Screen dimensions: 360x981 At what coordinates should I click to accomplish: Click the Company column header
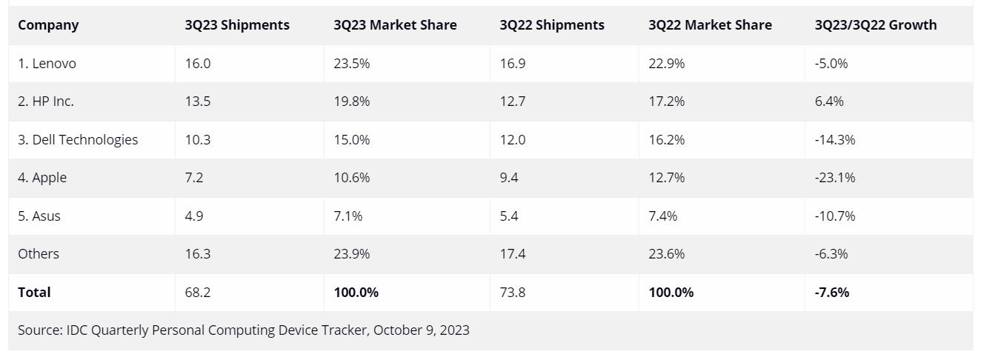pyautogui.click(x=48, y=25)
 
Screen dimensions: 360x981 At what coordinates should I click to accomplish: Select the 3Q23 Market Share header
pyautogui.click(x=395, y=25)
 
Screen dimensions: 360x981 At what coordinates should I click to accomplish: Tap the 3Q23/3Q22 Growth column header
pyautogui.click(x=875, y=25)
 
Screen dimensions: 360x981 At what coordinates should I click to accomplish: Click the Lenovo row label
pyautogui.click(x=47, y=64)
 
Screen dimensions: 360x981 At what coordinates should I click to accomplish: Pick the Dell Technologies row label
pyautogui.click(x=78, y=139)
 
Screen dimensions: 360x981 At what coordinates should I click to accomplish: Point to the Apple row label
pyautogui.click(x=42, y=178)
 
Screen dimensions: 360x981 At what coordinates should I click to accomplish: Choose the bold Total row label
pyautogui.click(x=34, y=292)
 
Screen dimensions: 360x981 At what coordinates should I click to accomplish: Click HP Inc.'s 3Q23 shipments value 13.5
pyautogui.click(x=198, y=101)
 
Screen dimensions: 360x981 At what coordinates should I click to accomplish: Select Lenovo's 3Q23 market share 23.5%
pyautogui.click(x=351, y=64)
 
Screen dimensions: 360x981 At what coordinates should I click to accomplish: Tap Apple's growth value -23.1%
pyautogui.click(x=835, y=178)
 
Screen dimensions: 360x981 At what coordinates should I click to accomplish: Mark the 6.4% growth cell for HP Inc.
pyautogui.click(x=829, y=101)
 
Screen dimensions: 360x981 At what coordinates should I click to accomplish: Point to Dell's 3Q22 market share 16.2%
pyautogui.click(x=666, y=139)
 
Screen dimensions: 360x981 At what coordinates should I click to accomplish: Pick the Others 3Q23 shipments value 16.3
pyautogui.click(x=198, y=254)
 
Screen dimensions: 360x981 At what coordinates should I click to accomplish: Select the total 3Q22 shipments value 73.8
pyautogui.click(x=513, y=292)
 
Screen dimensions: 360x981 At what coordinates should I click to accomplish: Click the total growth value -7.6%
pyautogui.click(x=831, y=292)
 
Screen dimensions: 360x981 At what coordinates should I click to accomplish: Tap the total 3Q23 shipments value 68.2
pyautogui.click(x=198, y=292)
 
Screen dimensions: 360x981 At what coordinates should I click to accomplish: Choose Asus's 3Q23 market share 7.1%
pyautogui.click(x=347, y=216)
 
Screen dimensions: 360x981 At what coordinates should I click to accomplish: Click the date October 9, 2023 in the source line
pyautogui.click(x=421, y=330)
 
